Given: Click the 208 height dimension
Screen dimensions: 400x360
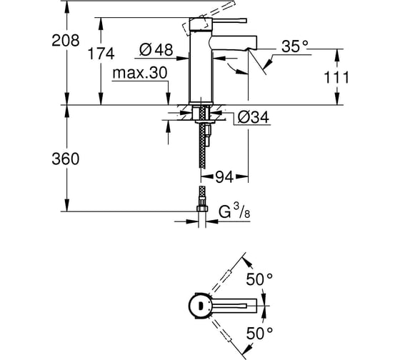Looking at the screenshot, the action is pos(66,41).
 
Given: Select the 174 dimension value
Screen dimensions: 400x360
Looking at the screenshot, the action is pos(101,54).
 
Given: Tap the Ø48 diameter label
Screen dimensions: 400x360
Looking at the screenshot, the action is pos(156,49).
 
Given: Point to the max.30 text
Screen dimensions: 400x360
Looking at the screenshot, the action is pos(140,73).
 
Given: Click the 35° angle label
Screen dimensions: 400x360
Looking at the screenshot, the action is pos(295,46).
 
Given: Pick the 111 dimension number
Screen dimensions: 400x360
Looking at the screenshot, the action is pos(336,78).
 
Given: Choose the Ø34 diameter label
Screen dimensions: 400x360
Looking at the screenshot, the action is pos(253,118).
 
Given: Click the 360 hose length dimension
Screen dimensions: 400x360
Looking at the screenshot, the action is pos(66,159).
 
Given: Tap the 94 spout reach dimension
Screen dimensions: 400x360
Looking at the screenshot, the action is pos(224,177).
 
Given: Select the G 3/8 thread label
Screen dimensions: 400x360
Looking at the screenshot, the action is pos(234,211).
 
